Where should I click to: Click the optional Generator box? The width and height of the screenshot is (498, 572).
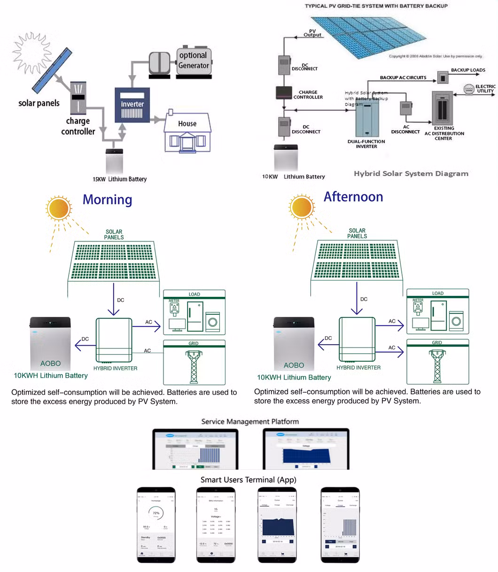(x=194, y=61)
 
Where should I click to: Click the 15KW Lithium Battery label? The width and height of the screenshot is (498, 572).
(x=119, y=179)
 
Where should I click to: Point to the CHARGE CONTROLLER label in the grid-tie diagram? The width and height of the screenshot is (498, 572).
(x=308, y=95)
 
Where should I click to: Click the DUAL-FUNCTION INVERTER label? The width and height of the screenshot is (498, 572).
(x=366, y=144)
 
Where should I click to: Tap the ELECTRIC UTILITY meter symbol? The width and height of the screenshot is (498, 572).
(x=469, y=89)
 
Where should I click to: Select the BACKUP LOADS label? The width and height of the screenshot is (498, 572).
(x=468, y=70)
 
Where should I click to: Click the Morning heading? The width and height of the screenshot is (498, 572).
(x=107, y=200)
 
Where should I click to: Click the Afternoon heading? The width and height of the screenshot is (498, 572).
(x=353, y=197)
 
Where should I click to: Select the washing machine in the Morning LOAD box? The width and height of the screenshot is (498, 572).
(x=213, y=322)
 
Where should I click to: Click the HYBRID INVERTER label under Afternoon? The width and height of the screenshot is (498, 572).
(x=358, y=368)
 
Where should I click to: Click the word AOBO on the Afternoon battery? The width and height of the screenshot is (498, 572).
(x=294, y=365)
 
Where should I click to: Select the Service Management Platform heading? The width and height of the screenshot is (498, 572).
(x=250, y=421)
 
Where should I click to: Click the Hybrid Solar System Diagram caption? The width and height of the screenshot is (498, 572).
(x=411, y=174)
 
